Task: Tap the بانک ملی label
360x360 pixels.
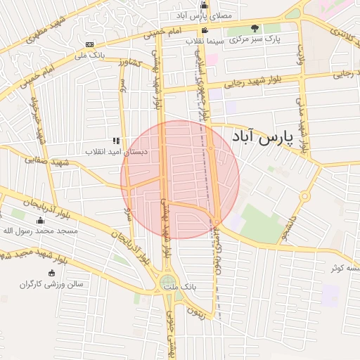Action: [x=89, y=55]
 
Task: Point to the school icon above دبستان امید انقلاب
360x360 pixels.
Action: [x=116, y=141]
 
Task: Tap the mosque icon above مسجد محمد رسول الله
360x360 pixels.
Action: [x=40, y=221]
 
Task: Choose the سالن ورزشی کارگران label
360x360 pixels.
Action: [x=51, y=284]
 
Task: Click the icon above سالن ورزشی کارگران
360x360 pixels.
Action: [x=51, y=274]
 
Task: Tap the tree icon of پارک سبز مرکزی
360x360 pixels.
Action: [x=255, y=29]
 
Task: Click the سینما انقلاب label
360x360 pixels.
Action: [x=205, y=41]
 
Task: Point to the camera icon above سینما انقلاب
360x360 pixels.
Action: [x=205, y=31]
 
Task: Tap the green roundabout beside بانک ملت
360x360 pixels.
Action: [x=167, y=282]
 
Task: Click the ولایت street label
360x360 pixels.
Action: [x=300, y=53]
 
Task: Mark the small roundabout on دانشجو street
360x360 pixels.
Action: [x=305, y=196]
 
